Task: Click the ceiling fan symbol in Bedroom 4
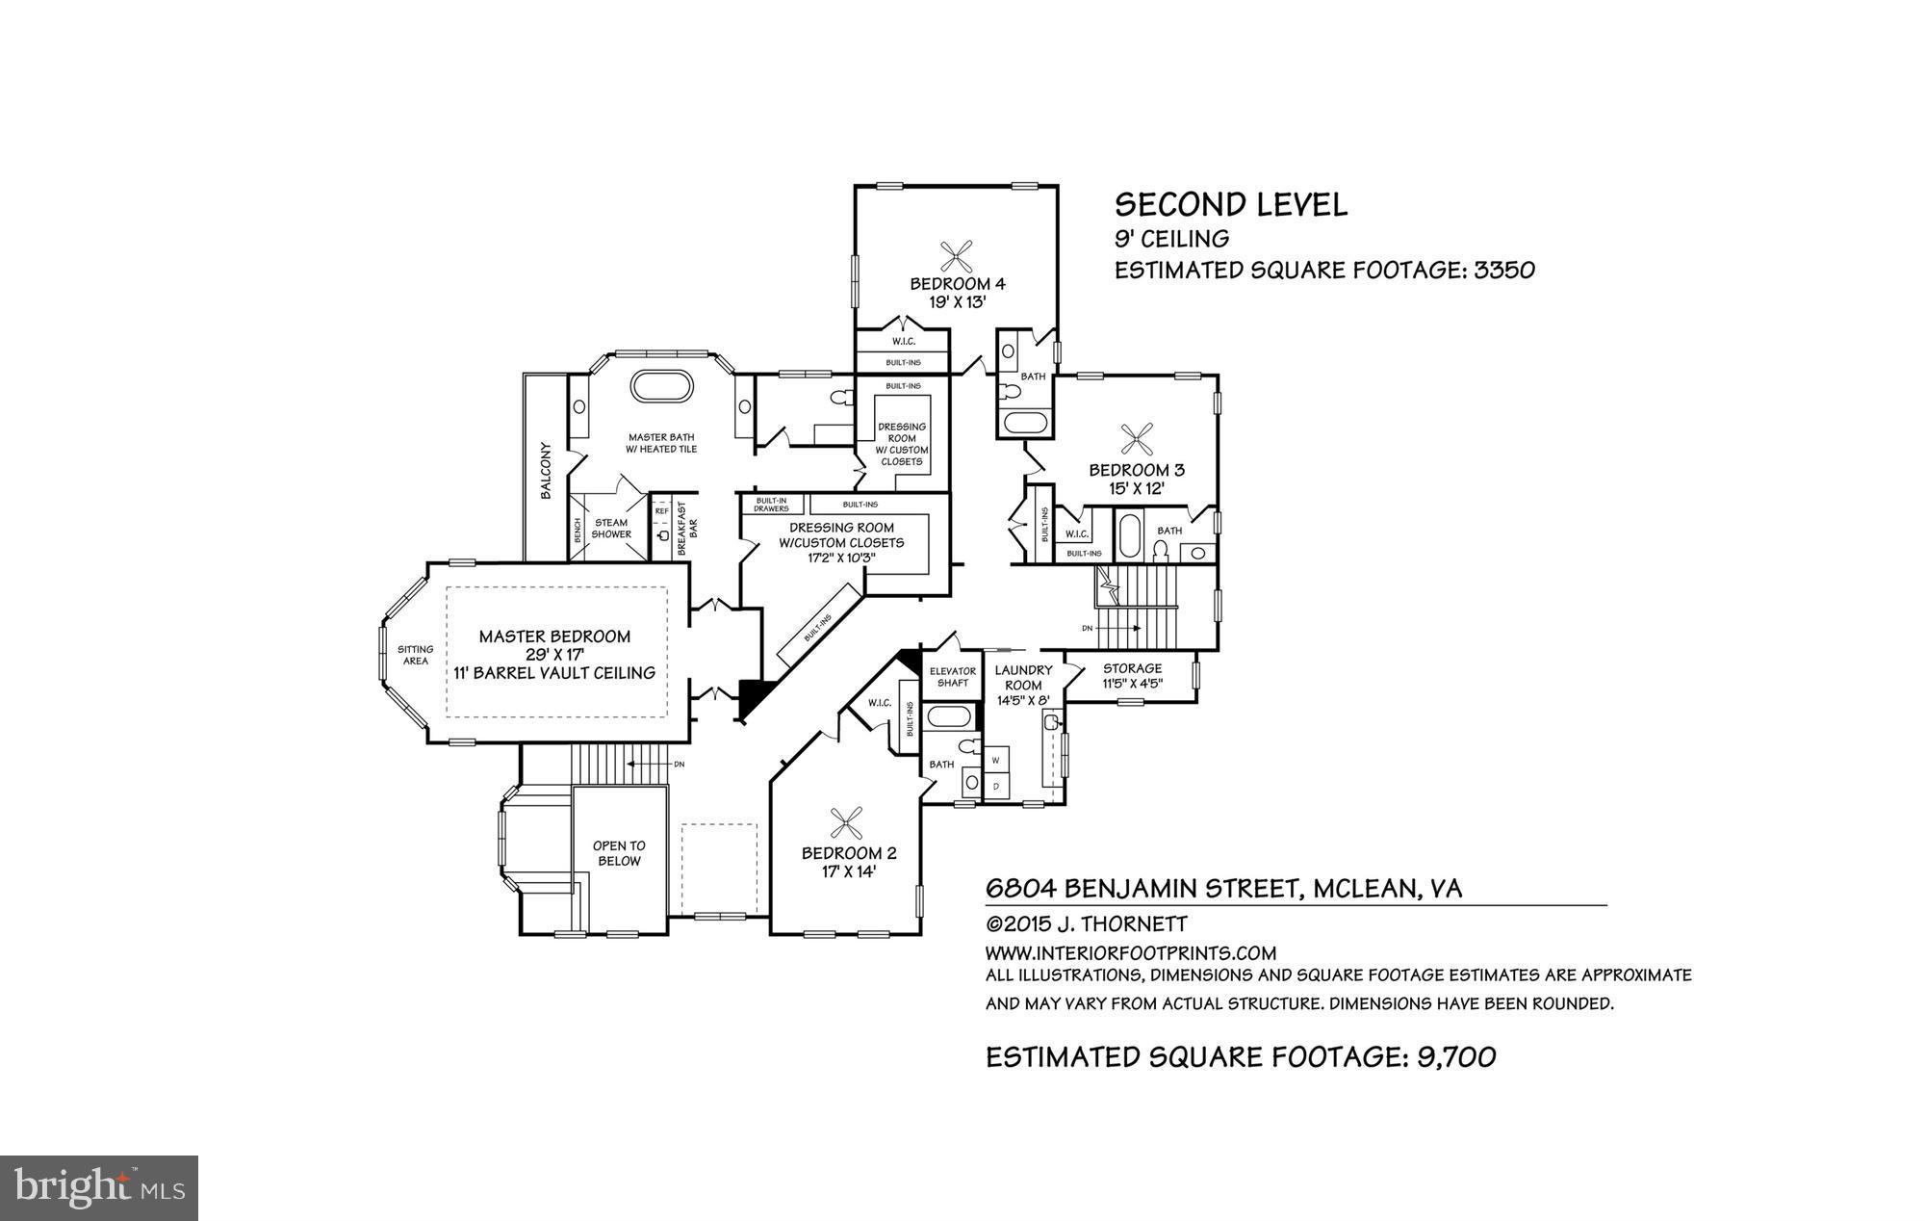click(957, 255)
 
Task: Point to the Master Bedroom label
click(554, 636)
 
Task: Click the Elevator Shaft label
click(953, 676)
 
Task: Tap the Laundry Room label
click(1023, 677)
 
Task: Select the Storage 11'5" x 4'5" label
click(1132, 675)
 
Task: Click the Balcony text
click(546, 471)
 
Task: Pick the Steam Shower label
click(611, 528)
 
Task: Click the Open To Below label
click(619, 853)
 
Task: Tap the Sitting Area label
click(415, 655)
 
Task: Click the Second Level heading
click(1230, 204)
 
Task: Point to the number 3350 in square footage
click(1504, 270)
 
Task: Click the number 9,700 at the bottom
click(1456, 1057)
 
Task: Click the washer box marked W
click(996, 761)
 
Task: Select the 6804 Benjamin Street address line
click(1223, 888)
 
